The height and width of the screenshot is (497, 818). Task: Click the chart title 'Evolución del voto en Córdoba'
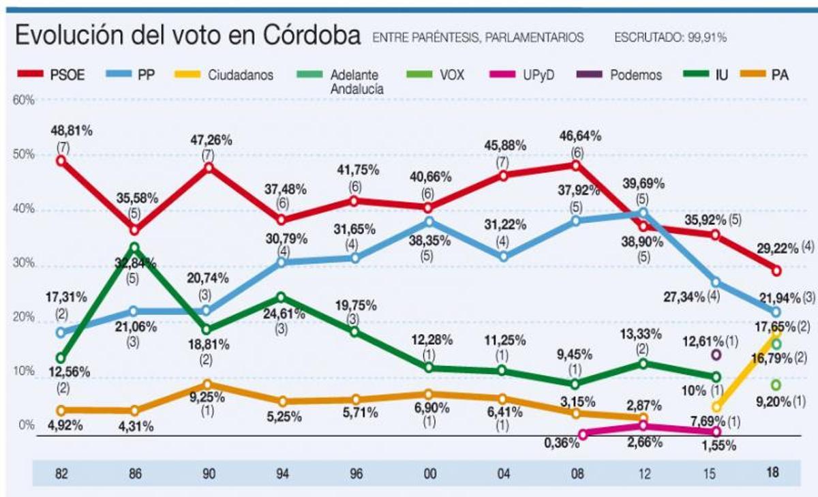click(187, 35)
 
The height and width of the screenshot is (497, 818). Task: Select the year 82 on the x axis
click(61, 472)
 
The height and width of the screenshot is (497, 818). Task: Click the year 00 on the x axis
click(429, 472)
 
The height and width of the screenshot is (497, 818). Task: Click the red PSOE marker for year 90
click(208, 167)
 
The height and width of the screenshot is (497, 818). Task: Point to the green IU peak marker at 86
click(135, 247)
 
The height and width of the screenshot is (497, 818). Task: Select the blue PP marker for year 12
click(643, 213)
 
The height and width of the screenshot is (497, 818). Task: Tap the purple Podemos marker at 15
click(716, 355)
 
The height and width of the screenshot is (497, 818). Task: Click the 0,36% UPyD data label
click(561, 443)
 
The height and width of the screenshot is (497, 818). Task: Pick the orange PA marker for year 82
click(61, 410)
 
